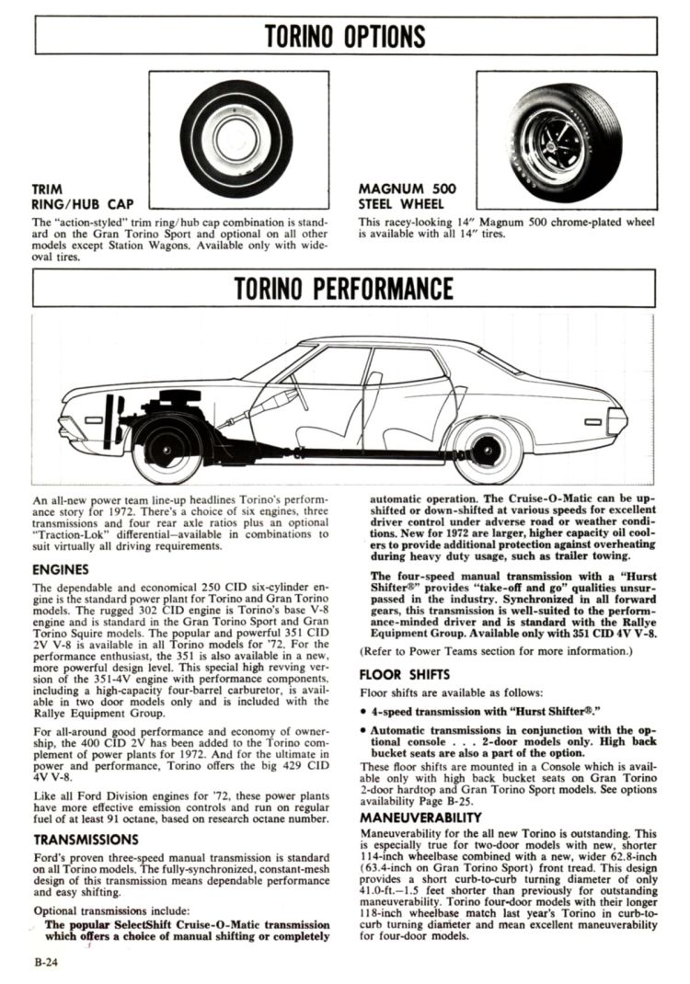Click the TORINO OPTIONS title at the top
pos(345,36)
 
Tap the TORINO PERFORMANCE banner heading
pos(345,288)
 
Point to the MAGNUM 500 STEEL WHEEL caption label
pos(407,196)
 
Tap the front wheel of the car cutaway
pos(167,450)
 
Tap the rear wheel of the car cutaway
pos(488,450)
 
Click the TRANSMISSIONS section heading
pos(86,839)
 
